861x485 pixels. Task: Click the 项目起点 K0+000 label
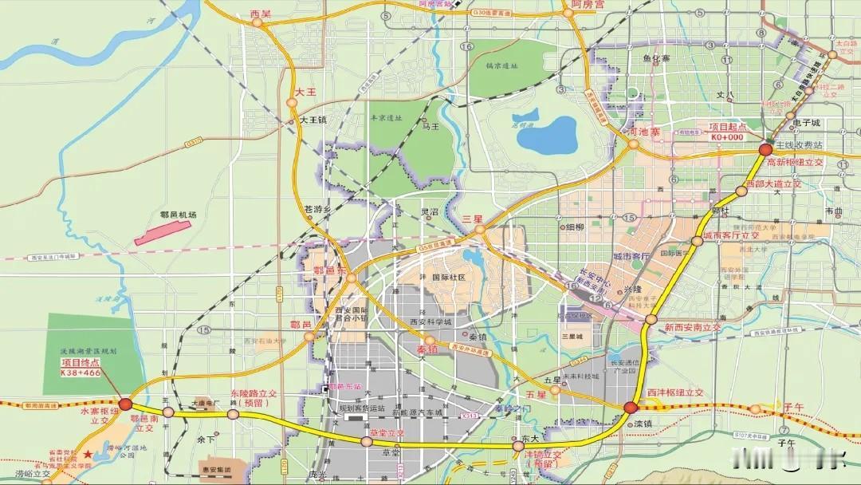[726, 132]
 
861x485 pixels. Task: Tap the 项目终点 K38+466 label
[81, 367]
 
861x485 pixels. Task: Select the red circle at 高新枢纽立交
[765, 149]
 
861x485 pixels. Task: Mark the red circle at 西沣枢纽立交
[631, 408]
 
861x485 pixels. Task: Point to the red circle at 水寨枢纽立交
[125, 404]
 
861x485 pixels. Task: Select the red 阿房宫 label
[588, 5]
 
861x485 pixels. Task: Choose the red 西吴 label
[260, 14]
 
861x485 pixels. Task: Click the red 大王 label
[306, 93]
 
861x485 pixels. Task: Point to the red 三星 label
[474, 219]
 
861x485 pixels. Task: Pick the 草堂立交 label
[387, 432]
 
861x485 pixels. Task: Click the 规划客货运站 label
[362, 408]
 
